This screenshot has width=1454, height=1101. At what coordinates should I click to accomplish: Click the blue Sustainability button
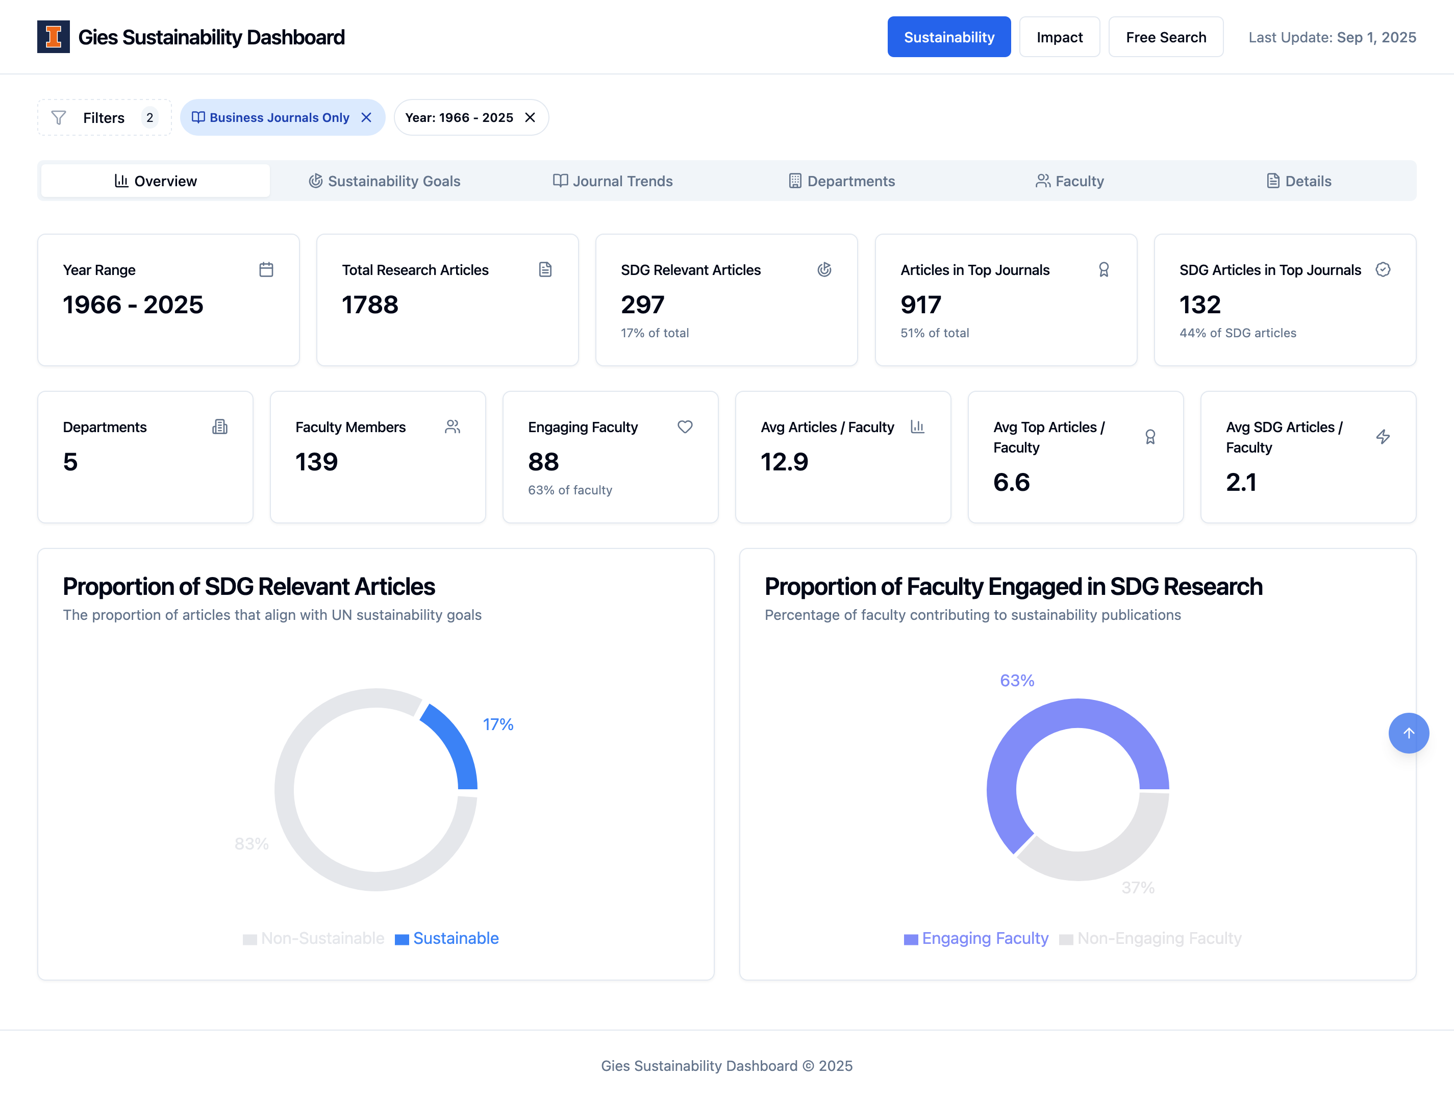tap(948, 37)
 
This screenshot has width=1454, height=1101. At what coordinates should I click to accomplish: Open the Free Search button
tap(1165, 37)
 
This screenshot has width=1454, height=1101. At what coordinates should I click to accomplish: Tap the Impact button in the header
tap(1059, 37)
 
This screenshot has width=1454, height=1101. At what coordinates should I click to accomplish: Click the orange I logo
tap(53, 37)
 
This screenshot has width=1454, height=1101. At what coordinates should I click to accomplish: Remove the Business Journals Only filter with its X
tap(367, 118)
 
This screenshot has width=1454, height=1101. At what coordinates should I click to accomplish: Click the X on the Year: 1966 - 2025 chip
tap(530, 118)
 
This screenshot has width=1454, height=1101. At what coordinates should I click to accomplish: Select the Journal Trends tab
tap(613, 181)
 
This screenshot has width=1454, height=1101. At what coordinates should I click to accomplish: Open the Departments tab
tap(842, 181)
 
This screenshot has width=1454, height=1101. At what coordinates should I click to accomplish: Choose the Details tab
tap(1299, 181)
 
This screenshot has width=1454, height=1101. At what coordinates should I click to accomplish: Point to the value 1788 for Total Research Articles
tap(370, 305)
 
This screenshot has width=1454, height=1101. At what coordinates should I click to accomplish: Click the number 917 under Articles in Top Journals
tap(921, 305)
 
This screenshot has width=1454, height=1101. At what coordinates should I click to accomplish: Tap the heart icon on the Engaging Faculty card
tap(685, 427)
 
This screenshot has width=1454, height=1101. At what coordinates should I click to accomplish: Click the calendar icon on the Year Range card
tap(266, 269)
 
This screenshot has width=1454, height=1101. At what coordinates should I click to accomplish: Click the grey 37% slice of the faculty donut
tap(1105, 855)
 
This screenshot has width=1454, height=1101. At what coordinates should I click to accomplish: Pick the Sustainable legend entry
tap(447, 938)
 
